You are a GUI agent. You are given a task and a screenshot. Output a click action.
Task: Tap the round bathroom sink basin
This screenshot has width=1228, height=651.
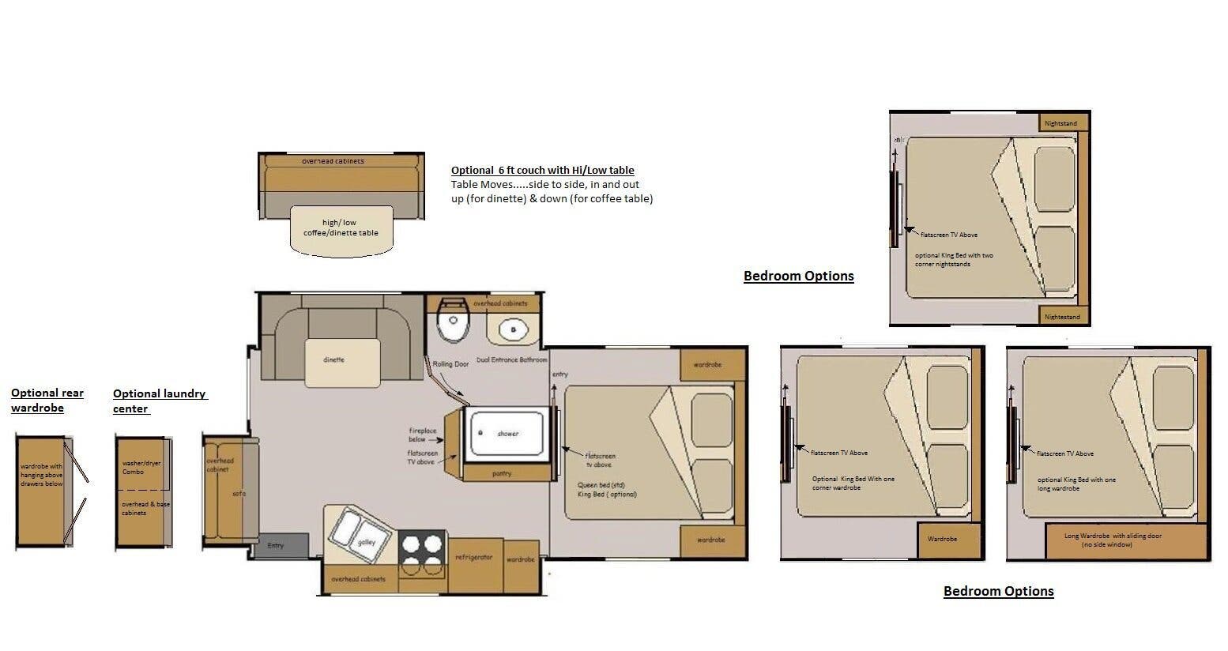coord(513,329)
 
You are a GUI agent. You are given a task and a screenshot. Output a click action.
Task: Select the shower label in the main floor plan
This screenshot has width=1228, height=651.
coord(507,434)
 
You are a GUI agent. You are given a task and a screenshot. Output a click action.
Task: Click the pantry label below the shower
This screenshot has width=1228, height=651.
coord(502,473)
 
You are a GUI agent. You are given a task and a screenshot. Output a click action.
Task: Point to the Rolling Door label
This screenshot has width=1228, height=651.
coord(450,364)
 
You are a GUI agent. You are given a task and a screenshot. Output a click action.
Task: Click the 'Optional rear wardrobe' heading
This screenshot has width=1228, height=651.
coord(47,401)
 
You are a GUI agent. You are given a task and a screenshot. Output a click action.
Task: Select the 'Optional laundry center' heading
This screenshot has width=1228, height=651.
coord(159,401)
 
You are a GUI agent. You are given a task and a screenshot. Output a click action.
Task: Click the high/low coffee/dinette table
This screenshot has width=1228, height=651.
coord(341,229)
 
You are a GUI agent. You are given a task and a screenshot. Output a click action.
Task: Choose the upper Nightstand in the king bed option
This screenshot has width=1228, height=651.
coord(1060,123)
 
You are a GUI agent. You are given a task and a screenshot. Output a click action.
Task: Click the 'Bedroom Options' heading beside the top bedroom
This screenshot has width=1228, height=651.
coord(798,276)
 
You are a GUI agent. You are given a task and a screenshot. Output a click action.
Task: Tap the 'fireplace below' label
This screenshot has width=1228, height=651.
coord(417,435)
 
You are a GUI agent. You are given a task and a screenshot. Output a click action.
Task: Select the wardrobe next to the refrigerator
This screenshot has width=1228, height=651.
coord(521,565)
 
